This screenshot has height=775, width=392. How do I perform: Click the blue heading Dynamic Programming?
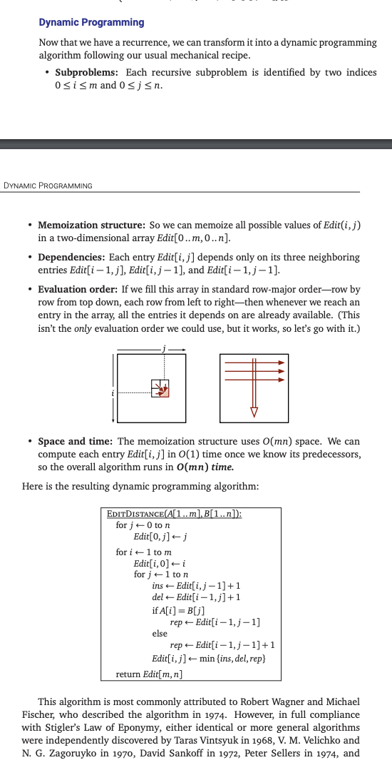[91, 22]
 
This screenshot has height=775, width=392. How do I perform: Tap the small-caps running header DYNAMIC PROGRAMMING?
[48, 186]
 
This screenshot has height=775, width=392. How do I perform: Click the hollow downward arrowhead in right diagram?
[253, 412]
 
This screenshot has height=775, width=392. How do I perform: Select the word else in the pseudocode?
[160, 633]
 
